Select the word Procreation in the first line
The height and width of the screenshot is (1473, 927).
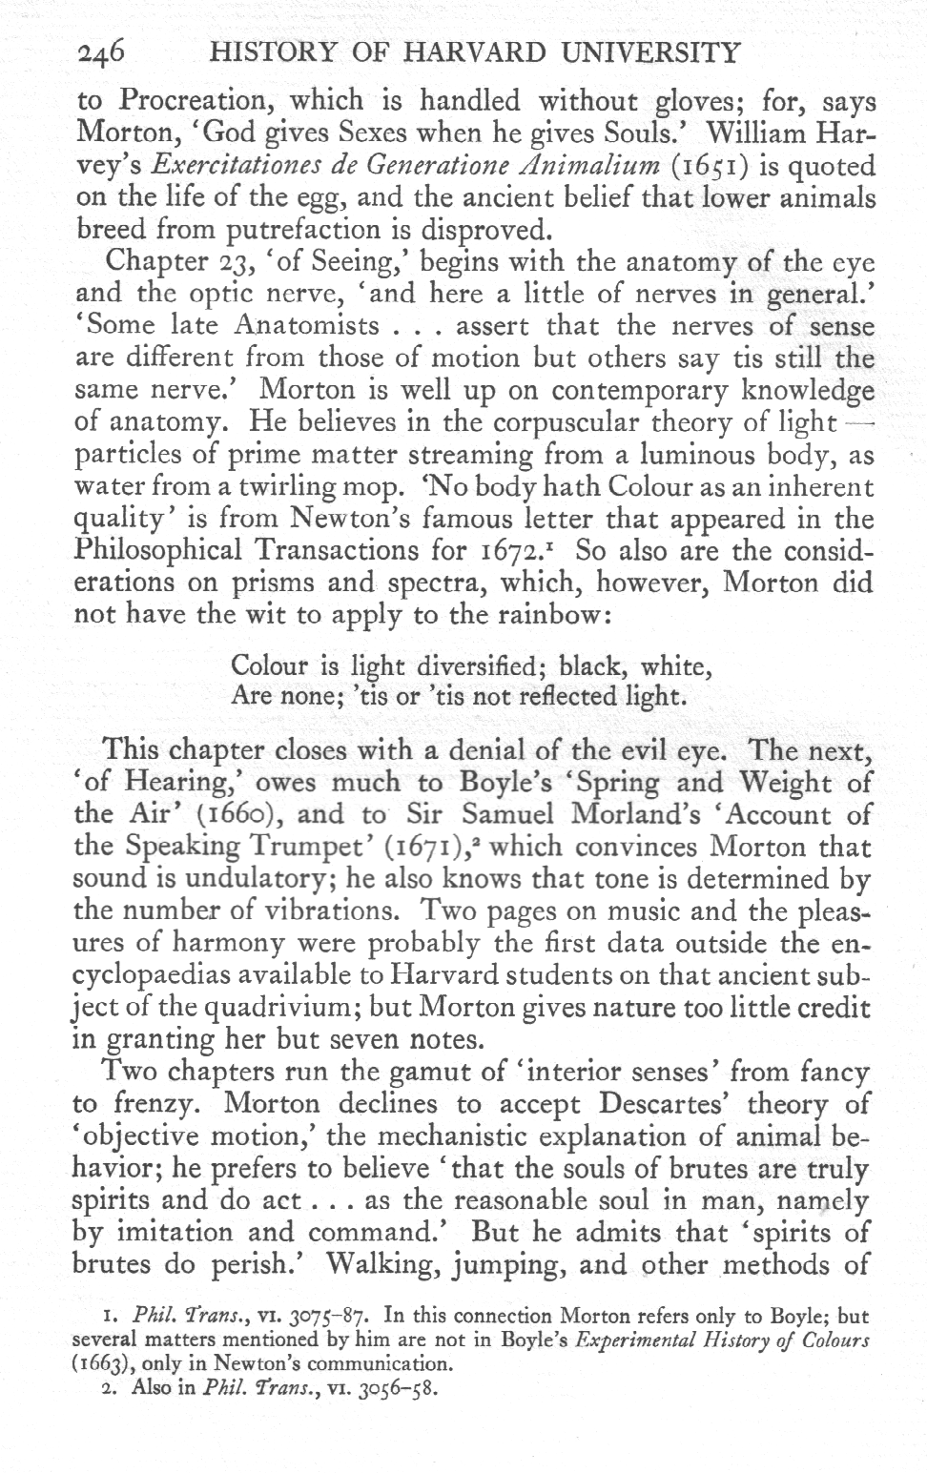point(196,100)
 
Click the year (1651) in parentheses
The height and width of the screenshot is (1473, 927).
point(681,166)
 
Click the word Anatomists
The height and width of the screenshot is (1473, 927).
point(307,326)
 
